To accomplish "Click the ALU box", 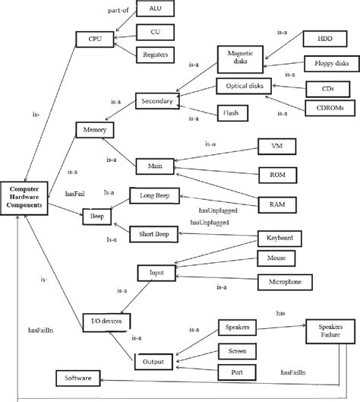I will tap(155, 9).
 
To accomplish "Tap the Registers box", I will tap(156, 55).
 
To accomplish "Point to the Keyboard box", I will tap(279, 239).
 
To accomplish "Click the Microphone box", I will tap(283, 281).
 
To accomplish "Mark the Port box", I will tap(235, 373).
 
